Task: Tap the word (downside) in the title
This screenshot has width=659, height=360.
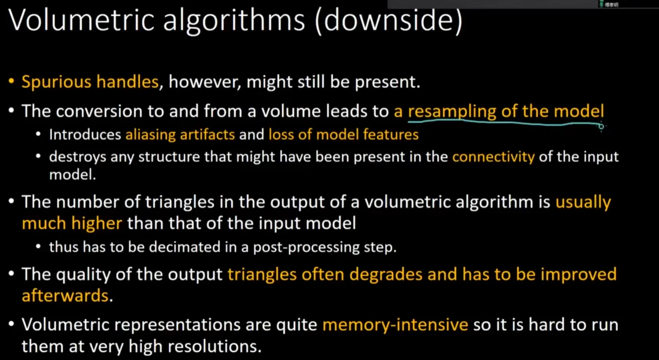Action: (389, 21)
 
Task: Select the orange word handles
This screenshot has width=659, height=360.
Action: (128, 82)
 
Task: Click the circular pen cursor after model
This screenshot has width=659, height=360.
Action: (601, 126)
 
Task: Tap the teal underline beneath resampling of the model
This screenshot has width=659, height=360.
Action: (504, 123)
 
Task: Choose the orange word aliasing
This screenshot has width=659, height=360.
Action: (150, 135)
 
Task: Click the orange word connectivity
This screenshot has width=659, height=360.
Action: (493, 157)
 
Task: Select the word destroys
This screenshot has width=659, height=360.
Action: (77, 157)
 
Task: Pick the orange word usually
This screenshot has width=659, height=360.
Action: (583, 202)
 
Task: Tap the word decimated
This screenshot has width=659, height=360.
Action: (184, 247)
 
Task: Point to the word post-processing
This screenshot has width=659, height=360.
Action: (306, 247)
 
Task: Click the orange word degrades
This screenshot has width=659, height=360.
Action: (386, 274)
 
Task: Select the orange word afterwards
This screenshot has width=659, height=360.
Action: (65, 295)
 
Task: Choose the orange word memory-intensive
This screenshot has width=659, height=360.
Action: (395, 325)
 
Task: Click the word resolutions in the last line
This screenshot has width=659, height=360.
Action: (214, 346)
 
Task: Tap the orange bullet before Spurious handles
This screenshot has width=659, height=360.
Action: (11, 81)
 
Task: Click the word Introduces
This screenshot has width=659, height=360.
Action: (85, 135)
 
